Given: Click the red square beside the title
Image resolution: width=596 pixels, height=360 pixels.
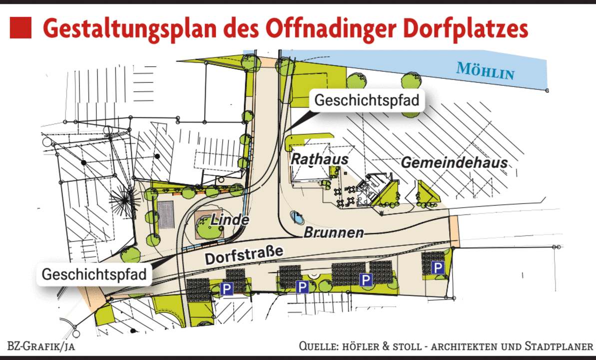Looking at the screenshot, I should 20,28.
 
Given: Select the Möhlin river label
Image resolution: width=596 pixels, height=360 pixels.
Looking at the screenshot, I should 485,71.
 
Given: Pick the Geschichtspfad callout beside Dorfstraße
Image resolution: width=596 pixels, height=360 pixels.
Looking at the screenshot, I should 94,274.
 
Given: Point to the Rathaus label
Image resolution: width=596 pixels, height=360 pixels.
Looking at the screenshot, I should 320,159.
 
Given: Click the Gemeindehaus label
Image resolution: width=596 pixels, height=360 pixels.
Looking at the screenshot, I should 454,162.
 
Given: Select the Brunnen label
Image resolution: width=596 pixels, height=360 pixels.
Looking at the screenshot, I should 334,232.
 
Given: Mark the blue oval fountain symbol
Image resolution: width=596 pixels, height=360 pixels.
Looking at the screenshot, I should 297,217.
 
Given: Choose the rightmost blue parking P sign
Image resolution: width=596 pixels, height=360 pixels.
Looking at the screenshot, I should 438,268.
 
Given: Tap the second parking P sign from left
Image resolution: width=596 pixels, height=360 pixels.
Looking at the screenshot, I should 302,287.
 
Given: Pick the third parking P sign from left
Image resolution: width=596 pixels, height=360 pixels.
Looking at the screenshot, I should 366,279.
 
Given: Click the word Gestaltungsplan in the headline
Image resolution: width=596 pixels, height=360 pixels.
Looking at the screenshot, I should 130,29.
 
